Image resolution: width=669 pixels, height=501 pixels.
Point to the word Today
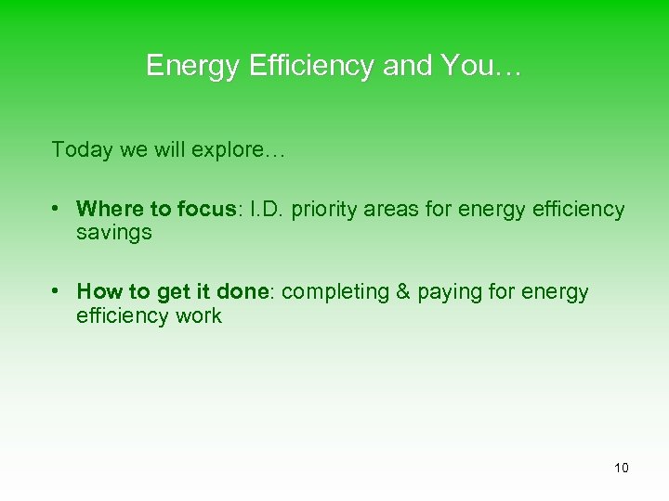[82, 149]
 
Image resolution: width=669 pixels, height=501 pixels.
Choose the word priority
[324, 210]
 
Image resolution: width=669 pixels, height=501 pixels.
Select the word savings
[113, 234]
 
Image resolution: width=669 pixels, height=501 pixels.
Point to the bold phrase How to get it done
[172, 291]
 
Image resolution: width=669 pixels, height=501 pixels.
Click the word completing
[335, 292]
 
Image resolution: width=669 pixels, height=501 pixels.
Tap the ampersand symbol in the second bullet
[403, 291]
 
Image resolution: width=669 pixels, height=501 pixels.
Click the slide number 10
[621, 468]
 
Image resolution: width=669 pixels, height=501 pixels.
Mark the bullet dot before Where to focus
[58, 209]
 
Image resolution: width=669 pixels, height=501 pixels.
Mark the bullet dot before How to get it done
[58, 291]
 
